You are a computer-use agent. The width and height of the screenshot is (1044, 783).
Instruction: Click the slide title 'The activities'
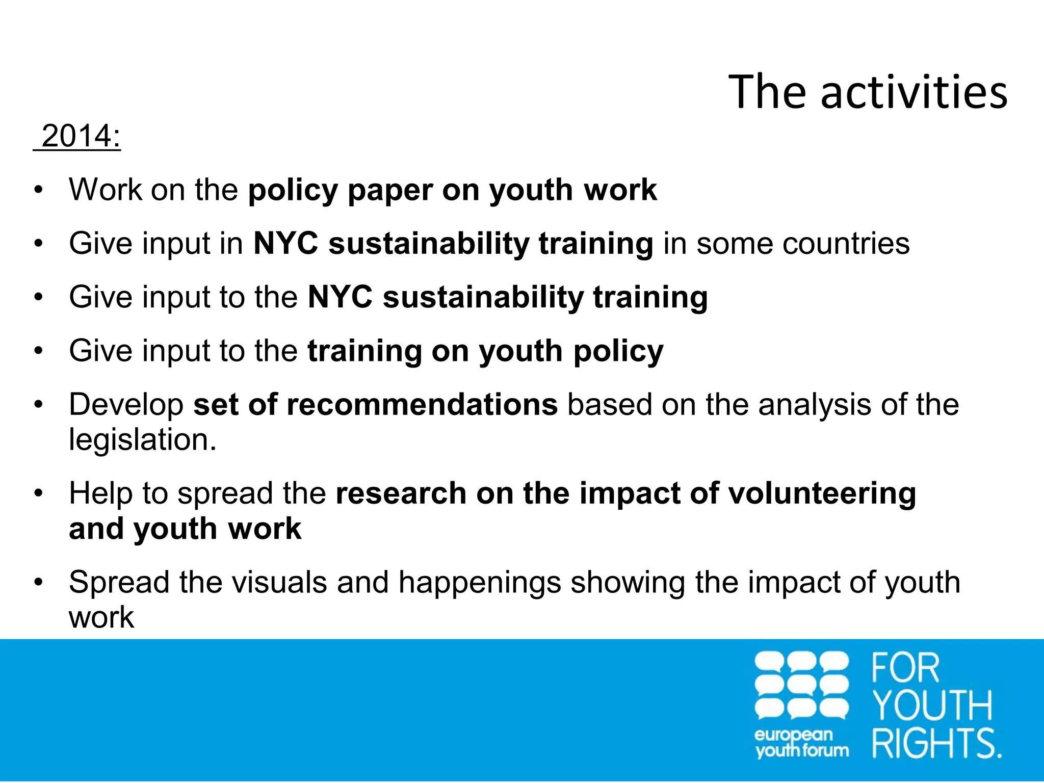coord(868,92)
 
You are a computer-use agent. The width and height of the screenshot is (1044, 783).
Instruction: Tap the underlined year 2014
coord(81,137)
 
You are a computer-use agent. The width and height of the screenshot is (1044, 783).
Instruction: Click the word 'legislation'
coord(143,440)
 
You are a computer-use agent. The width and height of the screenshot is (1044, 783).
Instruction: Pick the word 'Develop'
coord(126,405)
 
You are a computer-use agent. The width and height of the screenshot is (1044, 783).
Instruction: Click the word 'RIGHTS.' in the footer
coord(936,743)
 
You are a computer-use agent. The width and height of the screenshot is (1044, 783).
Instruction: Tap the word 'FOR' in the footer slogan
coord(905,668)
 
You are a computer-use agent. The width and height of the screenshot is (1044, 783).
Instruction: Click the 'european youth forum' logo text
coord(801,743)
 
